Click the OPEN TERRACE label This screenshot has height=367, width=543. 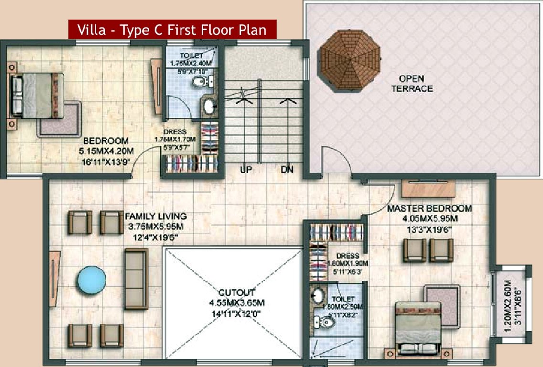click(x=412, y=84)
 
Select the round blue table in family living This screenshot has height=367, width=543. click(x=92, y=280)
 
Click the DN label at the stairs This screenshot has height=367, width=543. click(x=287, y=169)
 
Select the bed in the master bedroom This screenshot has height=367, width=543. click(x=418, y=328)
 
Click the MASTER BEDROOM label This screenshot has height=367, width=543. click(x=429, y=208)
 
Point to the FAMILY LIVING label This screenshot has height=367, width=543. click(x=156, y=216)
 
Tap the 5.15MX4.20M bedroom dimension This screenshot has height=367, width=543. click(x=106, y=151)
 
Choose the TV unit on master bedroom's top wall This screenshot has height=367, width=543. click(x=427, y=188)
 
